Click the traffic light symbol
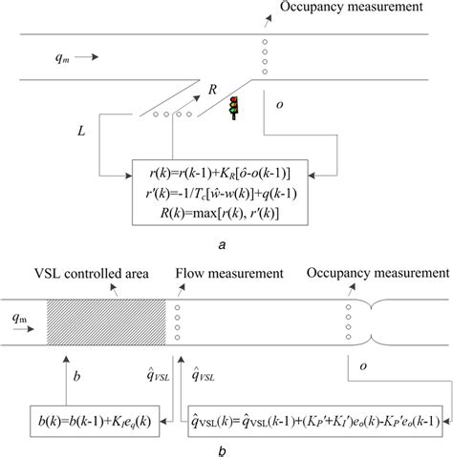(232, 106)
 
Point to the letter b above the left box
(78, 378)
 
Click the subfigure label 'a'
(222, 245)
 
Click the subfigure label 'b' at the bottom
(222, 449)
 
